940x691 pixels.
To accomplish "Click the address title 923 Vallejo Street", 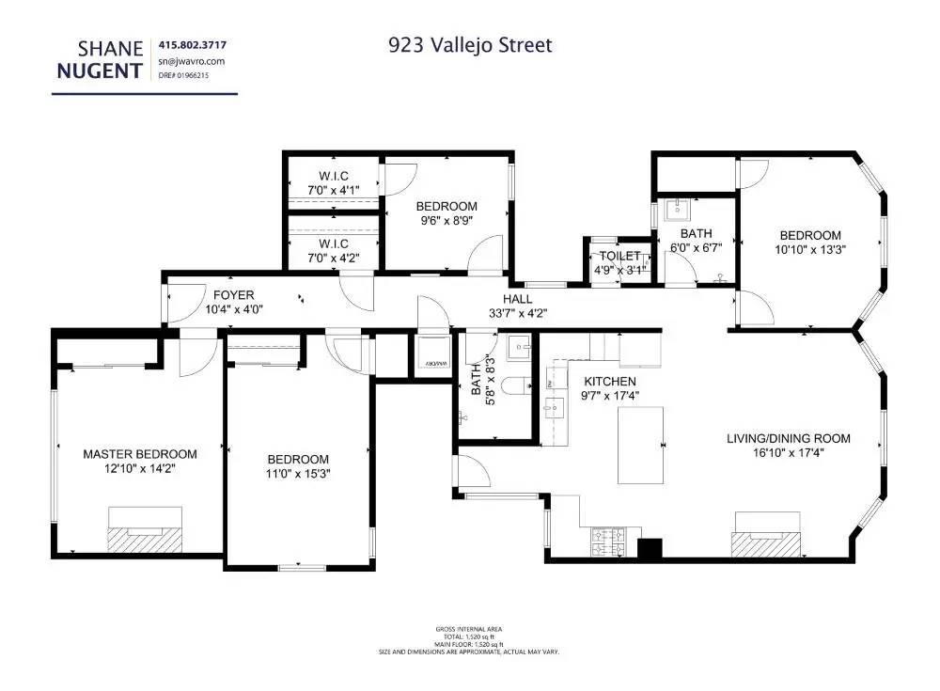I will [470, 44].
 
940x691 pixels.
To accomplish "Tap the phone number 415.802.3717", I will [193, 44].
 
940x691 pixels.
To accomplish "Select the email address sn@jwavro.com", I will [192, 61].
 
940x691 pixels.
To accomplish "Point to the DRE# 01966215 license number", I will [184, 75].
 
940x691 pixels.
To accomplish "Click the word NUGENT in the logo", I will [98, 70].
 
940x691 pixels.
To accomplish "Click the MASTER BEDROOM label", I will [139, 453].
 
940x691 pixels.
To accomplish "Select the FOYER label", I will [233, 295].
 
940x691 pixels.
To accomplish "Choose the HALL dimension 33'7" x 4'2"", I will [517, 313].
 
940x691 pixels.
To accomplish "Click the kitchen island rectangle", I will [642, 445].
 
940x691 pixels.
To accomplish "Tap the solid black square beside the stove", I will [650, 548].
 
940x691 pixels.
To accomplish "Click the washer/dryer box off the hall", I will [432, 353].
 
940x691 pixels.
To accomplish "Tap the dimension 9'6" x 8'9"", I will [446, 221].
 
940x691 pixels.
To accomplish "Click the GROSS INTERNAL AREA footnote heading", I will [469, 629].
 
